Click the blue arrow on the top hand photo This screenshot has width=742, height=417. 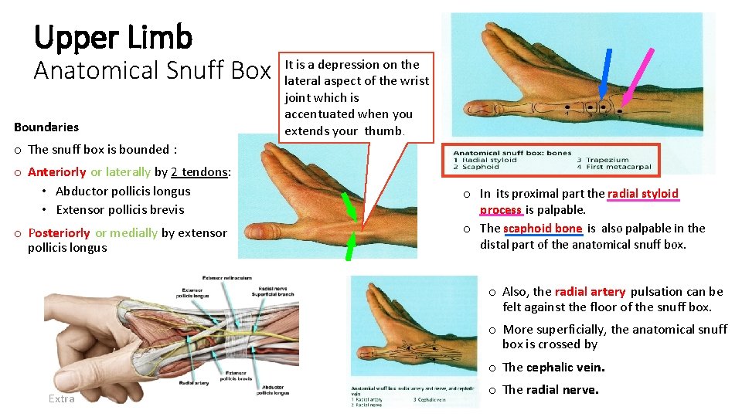[x=607, y=74]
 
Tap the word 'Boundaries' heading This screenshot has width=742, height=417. [x=46, y=127]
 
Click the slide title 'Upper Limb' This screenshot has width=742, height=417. [x=113, y=36]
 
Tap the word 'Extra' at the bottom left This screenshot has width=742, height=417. [x=61, y=398]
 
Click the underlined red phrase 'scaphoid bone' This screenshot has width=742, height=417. [x=542, y=229]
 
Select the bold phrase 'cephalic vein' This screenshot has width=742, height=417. [x=567, y=368]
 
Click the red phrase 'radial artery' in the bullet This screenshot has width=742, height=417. [x=590, y=292]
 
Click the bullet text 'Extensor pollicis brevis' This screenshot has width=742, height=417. [x=120, y=209]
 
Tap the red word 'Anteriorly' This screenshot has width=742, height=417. [x=57, y=171]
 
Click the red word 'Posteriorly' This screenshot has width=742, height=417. [x=59, y=232]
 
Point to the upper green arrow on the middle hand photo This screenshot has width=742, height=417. [x=350, y=206]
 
